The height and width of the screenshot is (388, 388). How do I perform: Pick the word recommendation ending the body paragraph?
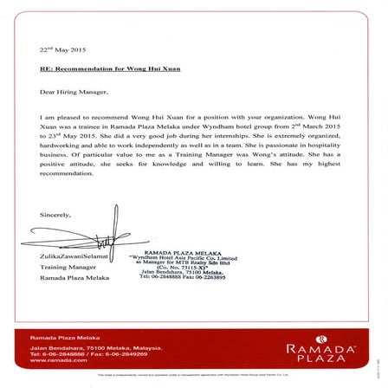click(66, 172)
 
